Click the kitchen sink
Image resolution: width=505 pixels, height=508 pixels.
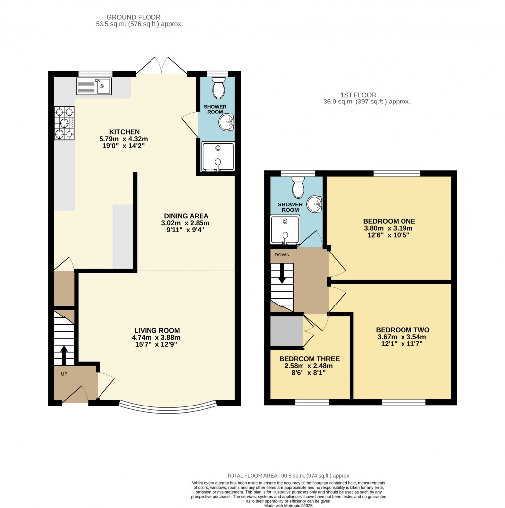(x=94, y=86)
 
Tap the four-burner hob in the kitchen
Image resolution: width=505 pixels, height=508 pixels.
(x=64, y=124)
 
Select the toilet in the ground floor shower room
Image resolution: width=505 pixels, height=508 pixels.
(x=217, y=89)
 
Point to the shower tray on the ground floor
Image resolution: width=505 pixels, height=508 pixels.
(x=217, y=156)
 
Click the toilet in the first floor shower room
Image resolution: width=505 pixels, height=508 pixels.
(x=298, y=188)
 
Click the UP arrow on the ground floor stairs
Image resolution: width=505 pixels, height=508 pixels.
(x=64, y=354)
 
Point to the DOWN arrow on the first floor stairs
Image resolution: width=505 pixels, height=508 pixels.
(x=282, y=274)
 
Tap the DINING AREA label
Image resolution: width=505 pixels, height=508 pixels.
(x=186, y=216)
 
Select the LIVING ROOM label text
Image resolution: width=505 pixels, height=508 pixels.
(x=156, y=330)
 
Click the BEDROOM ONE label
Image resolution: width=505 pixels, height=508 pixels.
(x=389, y=221)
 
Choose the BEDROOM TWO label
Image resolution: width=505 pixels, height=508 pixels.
(x=402, y=330)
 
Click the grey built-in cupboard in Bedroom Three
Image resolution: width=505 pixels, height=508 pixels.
(x=286, y=331)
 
